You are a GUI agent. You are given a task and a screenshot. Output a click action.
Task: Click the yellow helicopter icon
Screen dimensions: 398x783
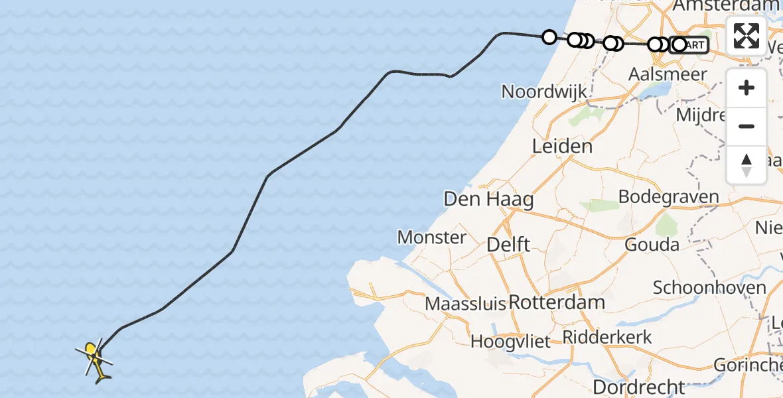95,358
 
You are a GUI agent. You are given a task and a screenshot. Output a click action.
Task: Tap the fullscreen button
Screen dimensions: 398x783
747,36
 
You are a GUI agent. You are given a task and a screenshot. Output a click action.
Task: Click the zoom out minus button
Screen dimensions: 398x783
747,126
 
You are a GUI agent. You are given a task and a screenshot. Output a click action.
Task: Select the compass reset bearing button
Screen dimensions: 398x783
747,165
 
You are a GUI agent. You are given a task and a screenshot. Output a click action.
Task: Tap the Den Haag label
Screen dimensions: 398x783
488,199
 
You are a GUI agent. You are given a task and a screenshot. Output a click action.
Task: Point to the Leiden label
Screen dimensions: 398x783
562,146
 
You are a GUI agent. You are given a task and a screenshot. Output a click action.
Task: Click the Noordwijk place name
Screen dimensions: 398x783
544,92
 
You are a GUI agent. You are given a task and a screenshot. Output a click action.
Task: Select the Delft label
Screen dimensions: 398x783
508,244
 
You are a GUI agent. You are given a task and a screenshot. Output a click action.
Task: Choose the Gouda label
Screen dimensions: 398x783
652,245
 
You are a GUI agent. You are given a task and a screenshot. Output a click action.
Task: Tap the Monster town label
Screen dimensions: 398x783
431,237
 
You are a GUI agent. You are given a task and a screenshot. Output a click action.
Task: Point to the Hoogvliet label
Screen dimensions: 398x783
510,342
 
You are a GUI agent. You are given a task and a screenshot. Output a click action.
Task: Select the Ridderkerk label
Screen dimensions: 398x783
606,337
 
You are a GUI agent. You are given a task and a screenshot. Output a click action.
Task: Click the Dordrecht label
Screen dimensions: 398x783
639,387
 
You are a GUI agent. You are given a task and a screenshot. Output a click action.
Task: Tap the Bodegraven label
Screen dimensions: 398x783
668,197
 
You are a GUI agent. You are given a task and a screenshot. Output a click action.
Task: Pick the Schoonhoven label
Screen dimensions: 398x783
709,288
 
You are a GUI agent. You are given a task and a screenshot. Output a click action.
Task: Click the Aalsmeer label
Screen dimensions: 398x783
671,74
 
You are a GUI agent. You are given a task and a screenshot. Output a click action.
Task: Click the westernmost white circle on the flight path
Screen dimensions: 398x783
549,37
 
